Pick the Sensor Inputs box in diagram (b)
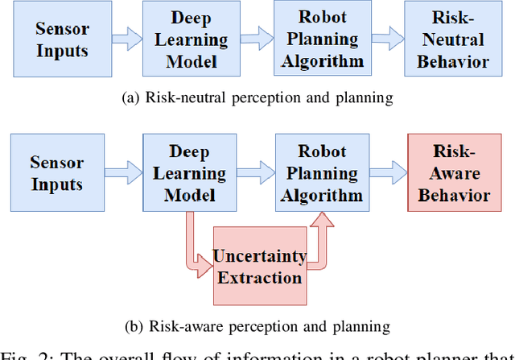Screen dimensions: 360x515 pyautogui.click(x=57, y=172)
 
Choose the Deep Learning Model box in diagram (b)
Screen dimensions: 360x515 pyautogui.click(x=191, y=172)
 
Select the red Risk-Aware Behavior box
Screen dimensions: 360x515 pyautogui.click(x=453, y=172)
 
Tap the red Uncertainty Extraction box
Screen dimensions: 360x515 pyautogui.click(x=259, y=267)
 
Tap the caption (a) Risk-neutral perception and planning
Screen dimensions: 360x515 pyautogui.click(x=256, y=98)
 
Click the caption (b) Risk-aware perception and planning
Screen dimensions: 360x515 pyautogui.click(x=256, y=326)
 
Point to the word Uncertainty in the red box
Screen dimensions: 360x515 pyautogui.click(x=259, y=256)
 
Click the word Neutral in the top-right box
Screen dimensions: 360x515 pyautogui.click(x=457, y=39)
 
